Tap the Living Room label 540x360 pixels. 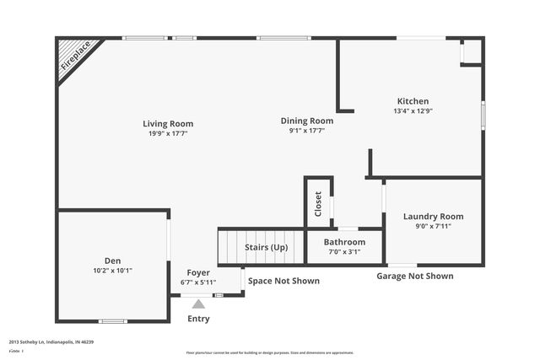click(168, 124)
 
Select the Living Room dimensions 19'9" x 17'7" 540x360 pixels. click(168, 133)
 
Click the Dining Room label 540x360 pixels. click(307, 121)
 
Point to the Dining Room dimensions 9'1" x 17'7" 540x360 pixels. click(307, 131)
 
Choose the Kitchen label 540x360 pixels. click(413, 101)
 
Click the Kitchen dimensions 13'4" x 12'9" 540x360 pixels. click(413, 110)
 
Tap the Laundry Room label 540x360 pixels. click(433, 217)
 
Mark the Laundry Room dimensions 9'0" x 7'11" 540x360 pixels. click(433, 226)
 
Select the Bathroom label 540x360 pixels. click(343, 242)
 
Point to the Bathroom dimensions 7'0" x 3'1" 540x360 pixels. click(343, 251)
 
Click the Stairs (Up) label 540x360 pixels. click(266, 247)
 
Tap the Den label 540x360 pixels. click(113, 261)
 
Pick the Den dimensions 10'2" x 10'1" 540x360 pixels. click(113, 271)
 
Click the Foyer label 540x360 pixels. click(198, 272)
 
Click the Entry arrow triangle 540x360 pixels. click(198, 304)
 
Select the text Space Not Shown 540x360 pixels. click(283, 281)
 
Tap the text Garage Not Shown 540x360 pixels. click(414, 276)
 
